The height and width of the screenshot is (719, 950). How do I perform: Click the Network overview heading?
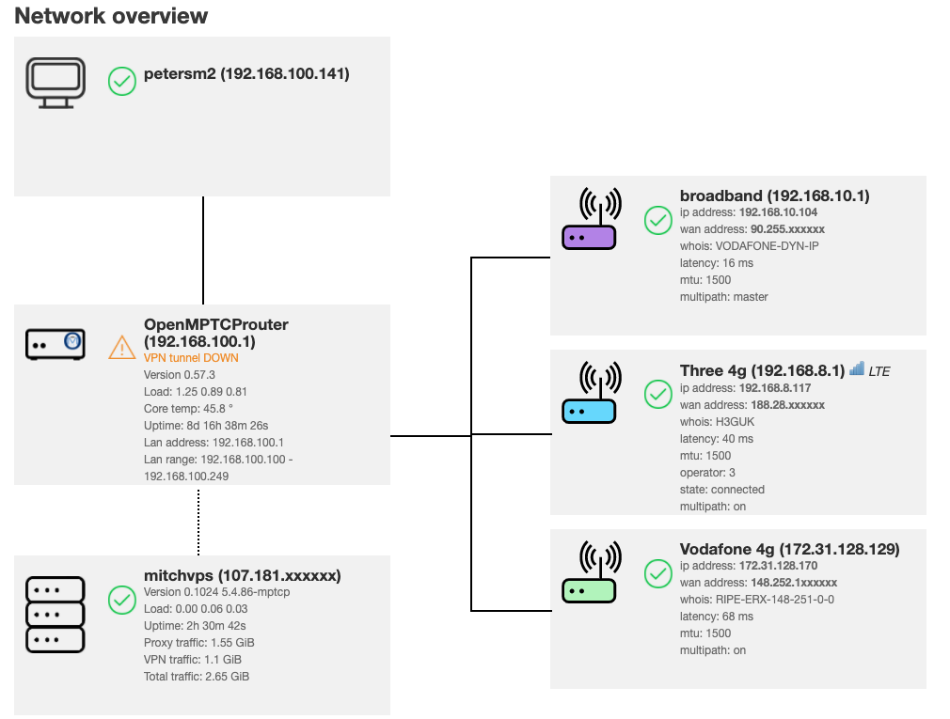(x=111, y=16)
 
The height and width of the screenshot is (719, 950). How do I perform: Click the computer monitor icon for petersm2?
(x=55, y=83)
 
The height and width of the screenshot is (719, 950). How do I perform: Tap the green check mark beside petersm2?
(x=122, y=81)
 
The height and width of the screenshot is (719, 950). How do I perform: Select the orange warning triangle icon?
(x=122, y=348)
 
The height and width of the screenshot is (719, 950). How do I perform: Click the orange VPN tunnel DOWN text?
(x=191, y=357)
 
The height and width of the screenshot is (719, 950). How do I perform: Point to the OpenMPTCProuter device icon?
(x=55, y=344)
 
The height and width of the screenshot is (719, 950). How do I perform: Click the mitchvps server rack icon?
(x=55, y=615)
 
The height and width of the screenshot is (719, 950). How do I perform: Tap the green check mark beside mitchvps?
(x=122, y=600)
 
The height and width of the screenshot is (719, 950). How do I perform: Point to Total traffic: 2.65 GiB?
(x=197, y=676)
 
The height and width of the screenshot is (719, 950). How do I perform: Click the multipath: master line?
(x=723, y=296)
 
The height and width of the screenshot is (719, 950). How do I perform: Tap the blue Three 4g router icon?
(x=589, y=394)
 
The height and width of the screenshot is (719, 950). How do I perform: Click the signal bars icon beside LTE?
(x=856, y=370)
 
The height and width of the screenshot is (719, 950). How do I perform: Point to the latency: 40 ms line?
(x=716, y=438)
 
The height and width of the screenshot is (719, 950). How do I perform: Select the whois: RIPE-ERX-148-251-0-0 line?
(x=756, y=599)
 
